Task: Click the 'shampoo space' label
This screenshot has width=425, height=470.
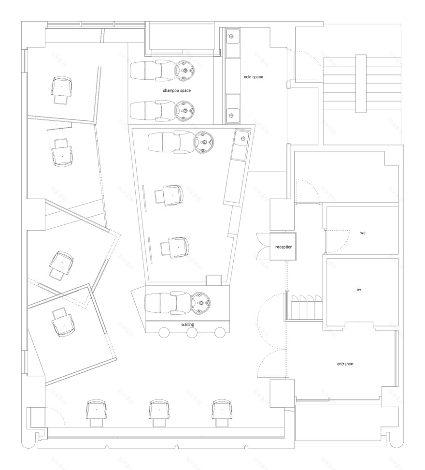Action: (177, 90)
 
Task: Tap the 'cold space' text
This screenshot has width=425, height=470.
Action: (253, 76)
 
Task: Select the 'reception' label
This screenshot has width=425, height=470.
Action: (283, 247)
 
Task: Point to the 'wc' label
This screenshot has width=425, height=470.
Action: (363, 233)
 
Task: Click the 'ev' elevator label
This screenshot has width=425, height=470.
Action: (359, 290)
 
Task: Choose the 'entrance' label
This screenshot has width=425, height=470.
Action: (346, 363)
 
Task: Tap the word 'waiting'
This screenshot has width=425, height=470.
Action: (188, 324)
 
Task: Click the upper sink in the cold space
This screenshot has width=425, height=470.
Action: (232, 36)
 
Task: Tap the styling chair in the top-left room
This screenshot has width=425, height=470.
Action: (61, 89)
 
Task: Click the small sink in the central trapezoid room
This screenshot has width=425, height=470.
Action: (240, 140)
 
